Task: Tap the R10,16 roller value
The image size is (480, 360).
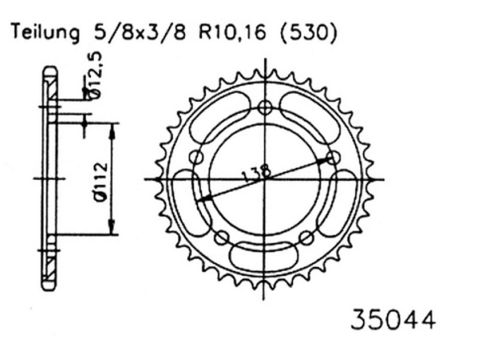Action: point(223,34)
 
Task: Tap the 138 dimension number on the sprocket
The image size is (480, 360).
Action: point(256,172)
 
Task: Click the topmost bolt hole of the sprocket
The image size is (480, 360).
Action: point(265,107)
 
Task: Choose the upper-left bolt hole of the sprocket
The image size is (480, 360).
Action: point(196,157)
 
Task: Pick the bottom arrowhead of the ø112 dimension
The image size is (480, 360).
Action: point(112,230)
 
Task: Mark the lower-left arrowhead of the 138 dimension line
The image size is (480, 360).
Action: point(203,199)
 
